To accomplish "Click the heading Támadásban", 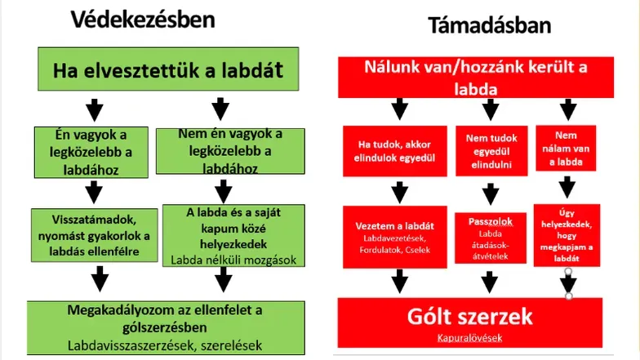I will [x=489, y=25].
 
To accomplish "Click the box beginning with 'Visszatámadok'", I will [x=92, y=236].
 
